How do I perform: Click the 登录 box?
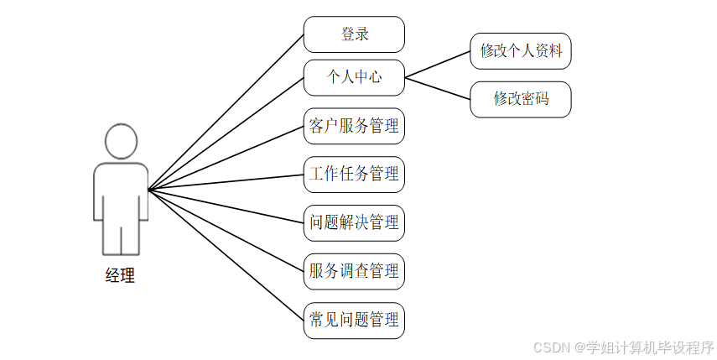(x=354, y=35)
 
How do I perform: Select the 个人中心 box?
(x=354, y=77)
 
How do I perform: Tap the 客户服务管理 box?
(x=354, y=127)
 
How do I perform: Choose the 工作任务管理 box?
(x=354, y=175)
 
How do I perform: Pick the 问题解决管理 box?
(x=354, y=223)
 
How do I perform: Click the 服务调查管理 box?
(x=354, y=272)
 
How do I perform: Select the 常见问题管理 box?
(x=354, y=321)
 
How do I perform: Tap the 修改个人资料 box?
(x=521, y=51)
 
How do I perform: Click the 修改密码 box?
(x=521, y=99)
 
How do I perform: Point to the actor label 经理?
(x=120, y=275)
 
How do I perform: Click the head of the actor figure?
(x=121, y=140)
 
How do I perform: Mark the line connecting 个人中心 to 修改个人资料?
(x=438, y=64)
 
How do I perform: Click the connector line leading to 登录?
(x=226, y=112)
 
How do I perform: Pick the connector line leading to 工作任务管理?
(x=226, y=182)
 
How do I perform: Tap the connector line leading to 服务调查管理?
(x=226, y=231)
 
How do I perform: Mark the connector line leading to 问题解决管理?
(x=226, y=206)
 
